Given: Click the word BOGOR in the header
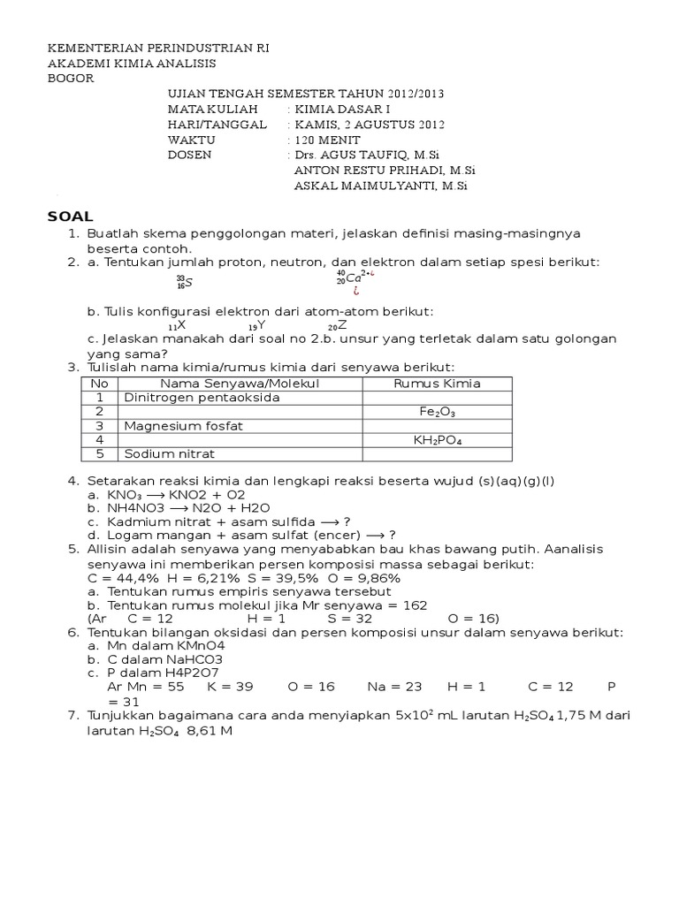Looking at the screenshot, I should coord(70,79).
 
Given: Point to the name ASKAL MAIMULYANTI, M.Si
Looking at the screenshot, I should coord(379,186).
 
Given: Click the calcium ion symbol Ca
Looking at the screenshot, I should coord(354,279).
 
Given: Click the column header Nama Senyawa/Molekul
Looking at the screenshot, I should coord(239,383).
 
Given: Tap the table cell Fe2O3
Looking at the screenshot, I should coord(437,412).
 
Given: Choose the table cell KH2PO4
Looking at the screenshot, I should coord(437,439).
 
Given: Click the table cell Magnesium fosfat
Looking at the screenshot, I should coord(184,426).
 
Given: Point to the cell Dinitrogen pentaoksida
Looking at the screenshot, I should coord(202,398).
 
